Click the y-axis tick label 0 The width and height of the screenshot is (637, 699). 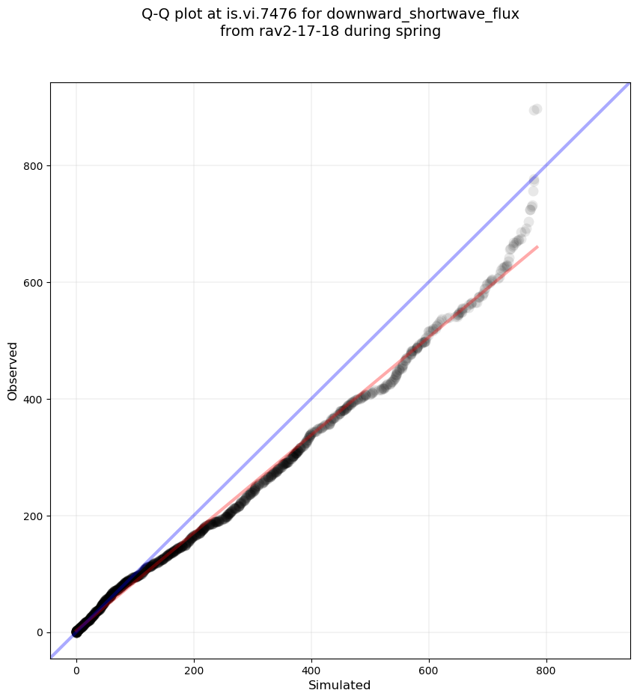click(x=40, y=632)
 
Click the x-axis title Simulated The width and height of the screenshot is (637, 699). click(x=340, y=685)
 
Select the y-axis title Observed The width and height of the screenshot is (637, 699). click(x=13, y=370)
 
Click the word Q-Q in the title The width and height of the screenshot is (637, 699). click(x=156, y=13)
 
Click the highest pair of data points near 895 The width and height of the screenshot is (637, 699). click(x=535, y=110)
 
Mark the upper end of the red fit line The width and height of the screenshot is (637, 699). click(x=537, y=246)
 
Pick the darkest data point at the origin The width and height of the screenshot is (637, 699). click(x=76, y=632)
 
